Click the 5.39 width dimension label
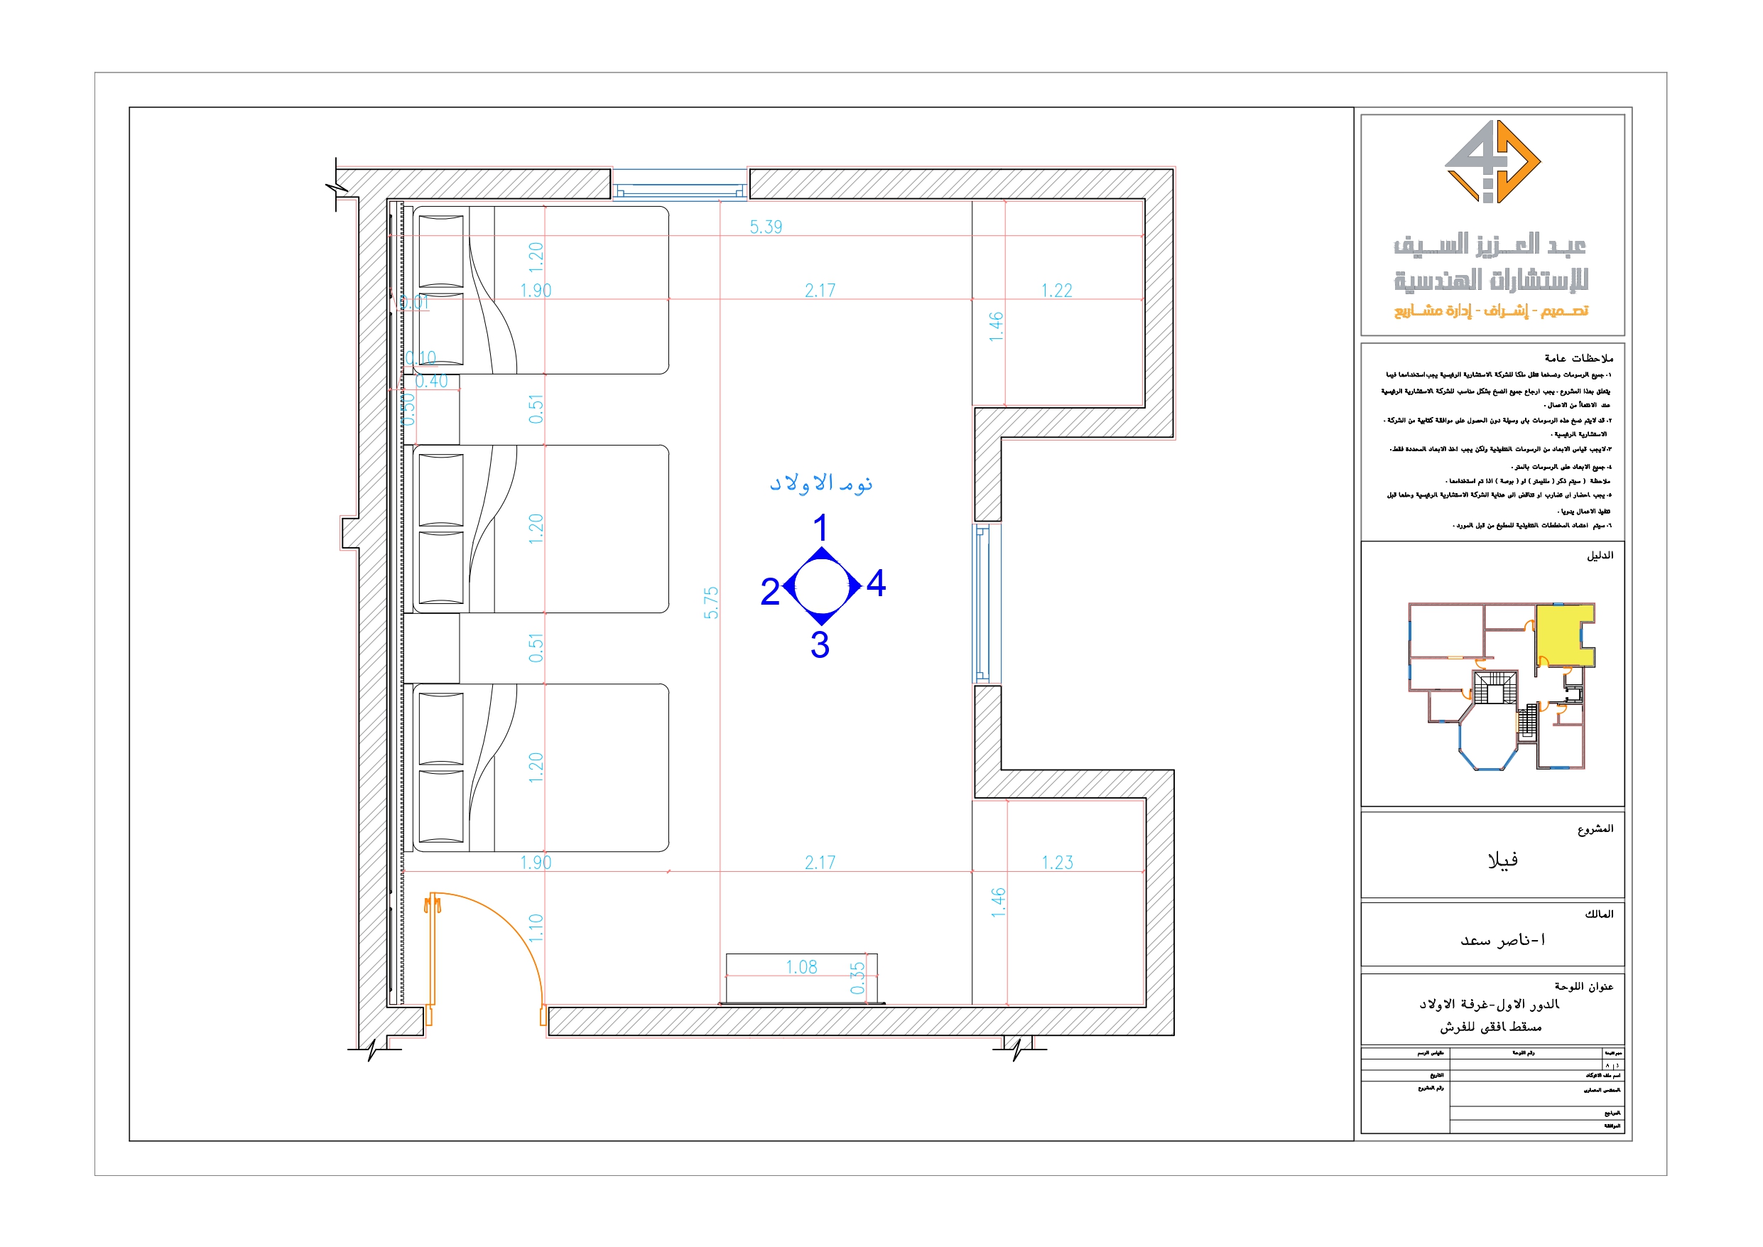click(766, 227)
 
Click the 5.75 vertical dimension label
click(712, 603)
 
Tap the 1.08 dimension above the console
click(801, 967)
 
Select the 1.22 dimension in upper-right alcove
click(1056, 291)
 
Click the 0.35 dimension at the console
click(857, 978)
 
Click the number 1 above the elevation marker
click(820, 529)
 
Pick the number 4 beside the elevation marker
click(875, 584)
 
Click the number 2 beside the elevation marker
click(769, 592)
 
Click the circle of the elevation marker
click(821, 585)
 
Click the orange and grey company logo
click(1492, 162)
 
